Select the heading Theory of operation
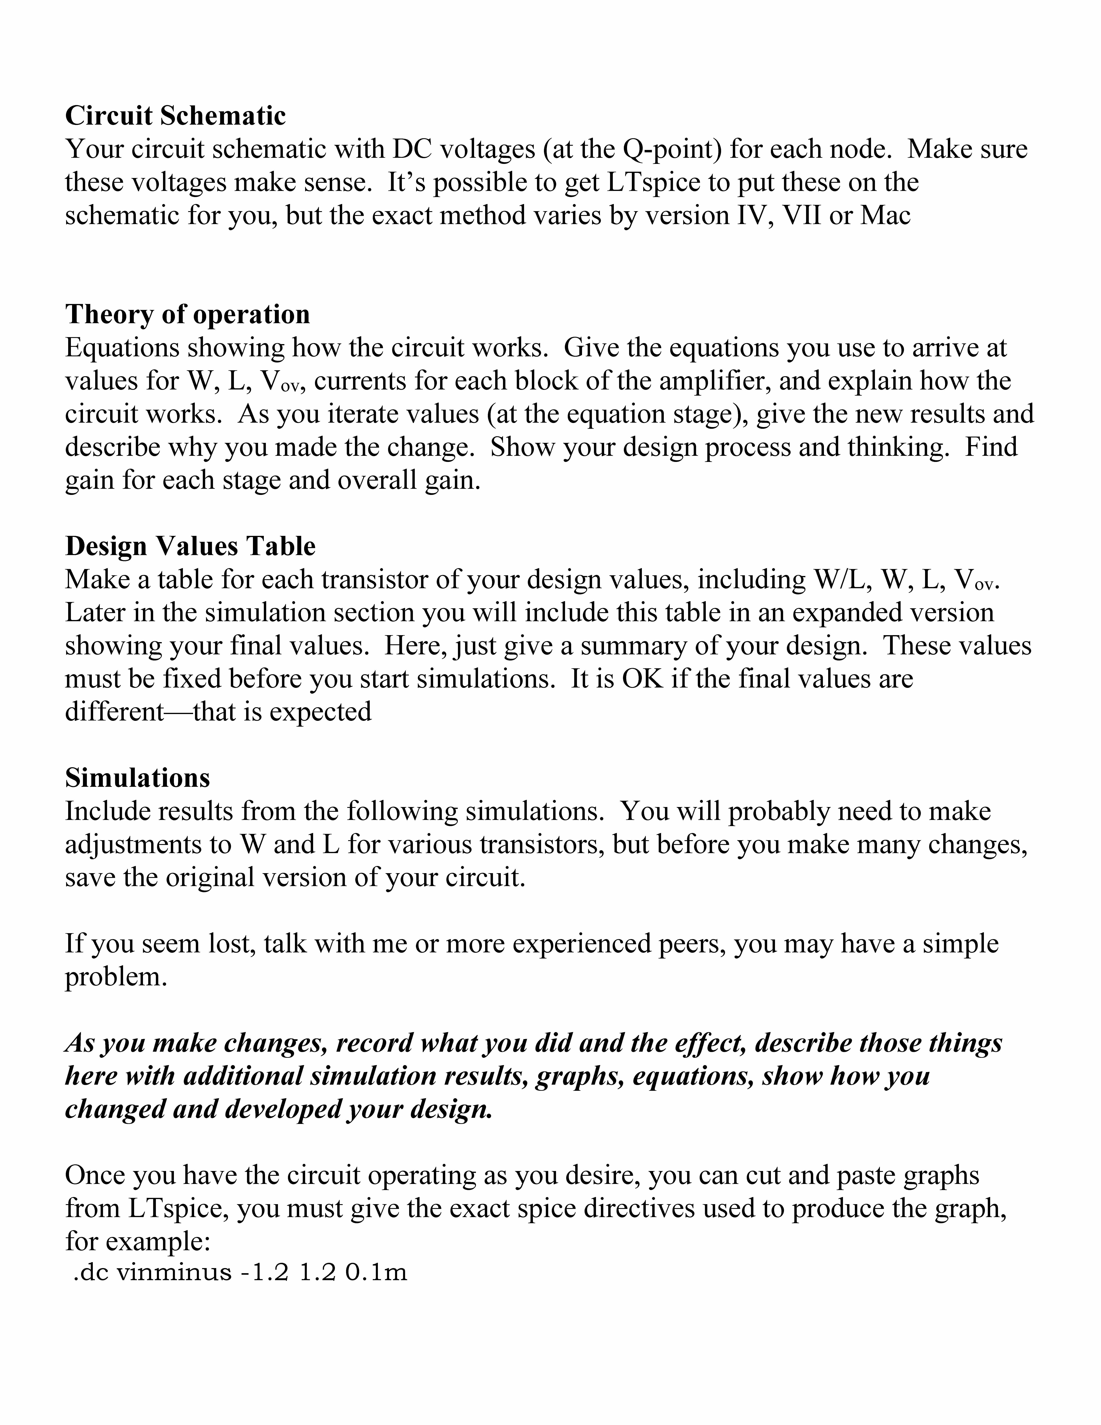pyautogui.click(x=187, y=315)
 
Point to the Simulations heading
pyautogui.click(x=138, y=778)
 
